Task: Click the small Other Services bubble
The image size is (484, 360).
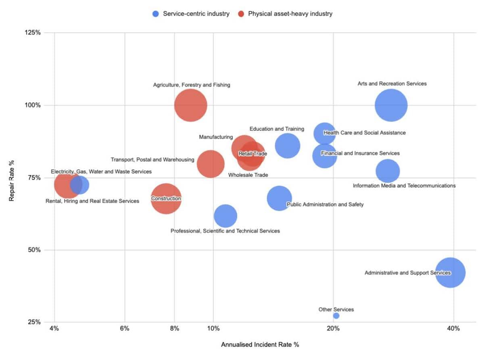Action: (336, 316)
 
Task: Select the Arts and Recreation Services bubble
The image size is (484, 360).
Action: (391, 105)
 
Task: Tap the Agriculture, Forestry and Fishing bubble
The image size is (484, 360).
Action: (191, 105)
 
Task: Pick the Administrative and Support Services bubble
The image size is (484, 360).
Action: (451, 273)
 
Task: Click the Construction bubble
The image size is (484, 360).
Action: (166, 199)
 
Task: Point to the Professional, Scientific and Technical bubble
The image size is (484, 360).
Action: (225, 216)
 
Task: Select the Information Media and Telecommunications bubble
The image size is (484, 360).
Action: (388, 172)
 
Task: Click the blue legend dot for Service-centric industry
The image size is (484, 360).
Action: (156, 14)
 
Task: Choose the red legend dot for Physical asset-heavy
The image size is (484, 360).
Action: (241, 14)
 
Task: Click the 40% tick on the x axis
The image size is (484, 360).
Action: (454, 329)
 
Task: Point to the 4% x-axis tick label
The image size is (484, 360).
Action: (54, 329)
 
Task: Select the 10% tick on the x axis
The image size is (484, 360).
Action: (213, 329)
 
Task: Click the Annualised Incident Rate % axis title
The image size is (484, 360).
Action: (260, 345)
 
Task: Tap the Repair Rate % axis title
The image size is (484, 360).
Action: (12, 177)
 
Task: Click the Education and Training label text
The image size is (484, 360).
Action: (277, 129)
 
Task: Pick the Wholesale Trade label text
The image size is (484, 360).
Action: (248, 175)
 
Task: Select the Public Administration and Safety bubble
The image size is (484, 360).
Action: (278, 198)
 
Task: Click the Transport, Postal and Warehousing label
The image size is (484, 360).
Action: (152, 160)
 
